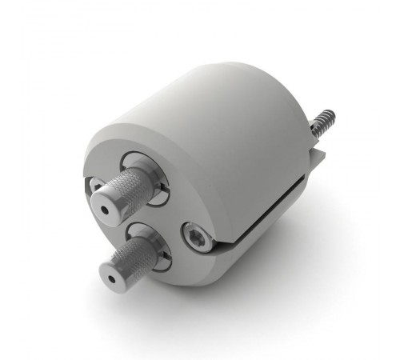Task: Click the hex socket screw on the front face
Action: point(194,235)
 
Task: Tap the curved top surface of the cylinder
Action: point(216,96)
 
